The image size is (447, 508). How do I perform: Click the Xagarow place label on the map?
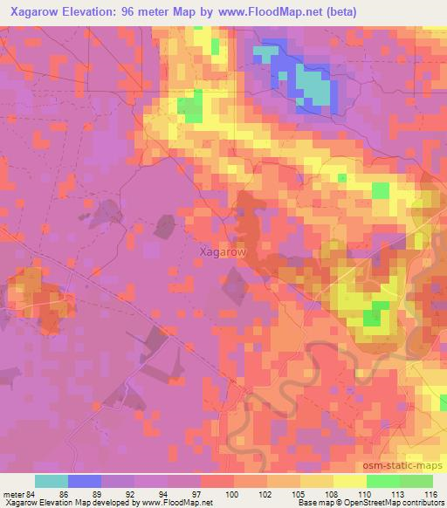(222, 251)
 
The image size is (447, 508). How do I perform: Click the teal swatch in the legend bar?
(52, 481)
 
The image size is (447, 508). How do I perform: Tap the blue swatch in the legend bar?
(85, 481)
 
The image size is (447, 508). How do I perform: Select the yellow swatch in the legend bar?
(350, 481)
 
